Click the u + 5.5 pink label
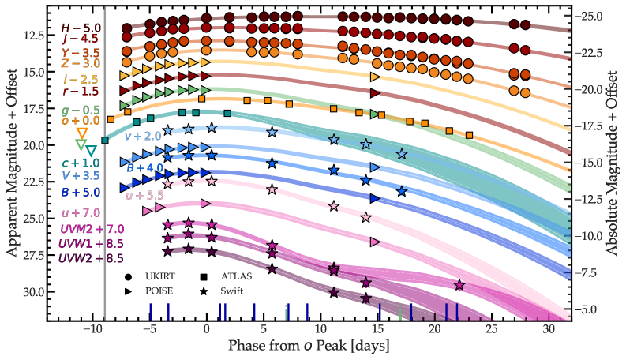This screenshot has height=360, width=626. click(x=144, y=195)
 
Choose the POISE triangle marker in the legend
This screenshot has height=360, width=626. click(x=127, y=291)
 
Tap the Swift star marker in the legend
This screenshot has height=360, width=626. click(x=204, y=291)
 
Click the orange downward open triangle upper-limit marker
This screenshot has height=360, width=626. click(x=81, y=132)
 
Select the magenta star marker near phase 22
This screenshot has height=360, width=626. click(x=459, y=285)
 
